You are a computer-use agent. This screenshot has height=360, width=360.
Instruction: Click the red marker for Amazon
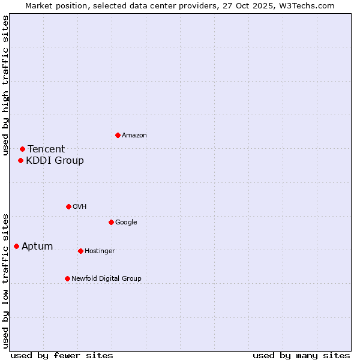coord(118,135)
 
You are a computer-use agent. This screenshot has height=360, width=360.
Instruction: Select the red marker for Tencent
coord(22,149)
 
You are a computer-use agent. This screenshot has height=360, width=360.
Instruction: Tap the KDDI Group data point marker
coord(20,160)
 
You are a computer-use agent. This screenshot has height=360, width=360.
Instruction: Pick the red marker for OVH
coord(68,206)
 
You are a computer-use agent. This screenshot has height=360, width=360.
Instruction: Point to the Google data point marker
coord(111,222)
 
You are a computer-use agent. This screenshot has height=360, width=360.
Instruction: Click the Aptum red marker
coord(16,246)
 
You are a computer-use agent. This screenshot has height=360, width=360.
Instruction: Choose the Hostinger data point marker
coord(80,251)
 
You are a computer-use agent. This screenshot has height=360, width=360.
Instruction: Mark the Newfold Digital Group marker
coord(67,278)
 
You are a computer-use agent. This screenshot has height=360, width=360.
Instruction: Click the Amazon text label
coord(134,136)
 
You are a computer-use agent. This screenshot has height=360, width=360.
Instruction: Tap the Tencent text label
coord(46,149)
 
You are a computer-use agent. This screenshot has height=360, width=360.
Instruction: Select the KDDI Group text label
coord(55,161)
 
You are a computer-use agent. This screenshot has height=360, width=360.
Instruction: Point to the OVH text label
coord(80,207)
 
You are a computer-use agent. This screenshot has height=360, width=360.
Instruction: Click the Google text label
coord(126,223)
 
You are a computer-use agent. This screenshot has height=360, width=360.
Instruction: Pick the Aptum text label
coord(37,247)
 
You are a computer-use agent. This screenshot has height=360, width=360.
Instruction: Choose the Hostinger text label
coord(100,251)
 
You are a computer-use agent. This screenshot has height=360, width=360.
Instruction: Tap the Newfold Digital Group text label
coord(106,279)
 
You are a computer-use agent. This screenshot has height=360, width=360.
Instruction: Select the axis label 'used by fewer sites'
coord(62,355)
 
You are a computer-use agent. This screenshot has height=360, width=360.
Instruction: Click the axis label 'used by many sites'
coord(301,355)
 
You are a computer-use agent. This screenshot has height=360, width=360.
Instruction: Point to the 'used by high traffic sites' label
coord(5,85)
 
